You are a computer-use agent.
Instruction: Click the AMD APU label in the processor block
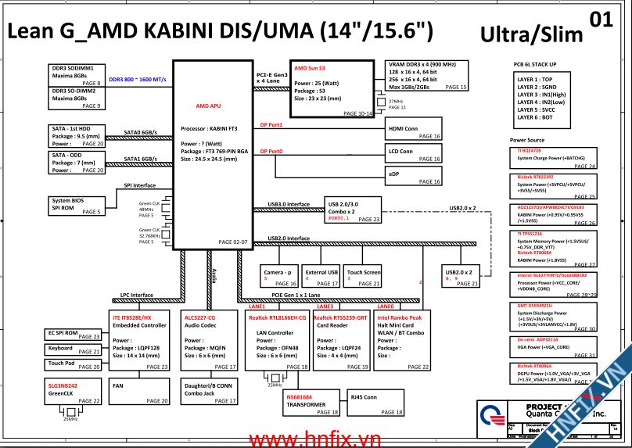coord(208,105)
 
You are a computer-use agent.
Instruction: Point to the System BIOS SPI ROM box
coord(75,206)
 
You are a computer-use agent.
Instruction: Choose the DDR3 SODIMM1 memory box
coord(75,75)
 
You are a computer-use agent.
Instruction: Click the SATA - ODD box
coord(75,163)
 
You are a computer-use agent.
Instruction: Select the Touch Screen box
coord(364,276)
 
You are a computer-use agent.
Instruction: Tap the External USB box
coord(321,276)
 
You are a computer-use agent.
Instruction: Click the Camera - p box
coord(279,276)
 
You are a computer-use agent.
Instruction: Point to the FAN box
coord(139,392)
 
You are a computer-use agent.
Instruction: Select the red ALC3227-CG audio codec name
coord(200,318)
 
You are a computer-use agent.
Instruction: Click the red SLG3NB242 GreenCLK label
coord(63,385)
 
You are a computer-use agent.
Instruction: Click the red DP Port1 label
coord(271,125)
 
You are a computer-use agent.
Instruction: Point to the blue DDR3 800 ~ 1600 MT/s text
coord(137,80)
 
